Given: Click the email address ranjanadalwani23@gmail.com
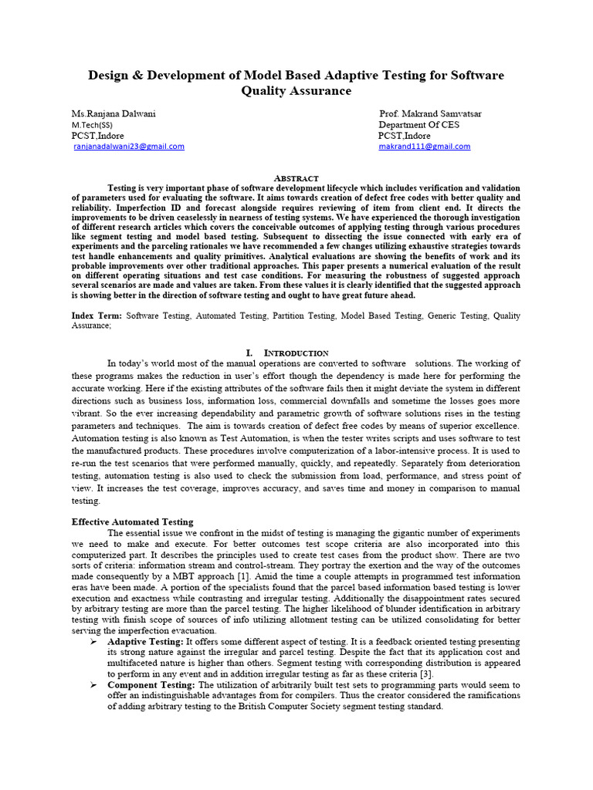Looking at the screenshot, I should pyautogui.click(x=129, y=147).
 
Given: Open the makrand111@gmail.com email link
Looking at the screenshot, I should pyautogui.click(x=424, y=147).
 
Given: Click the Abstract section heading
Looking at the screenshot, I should pyautogui.click(x=296, y=177).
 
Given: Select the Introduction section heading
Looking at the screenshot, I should pyautogui.click(x=296, y=353).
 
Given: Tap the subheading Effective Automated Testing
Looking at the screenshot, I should pyautogui.click(x=132, y=522).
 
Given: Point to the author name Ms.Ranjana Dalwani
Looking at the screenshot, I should pyautogui.click(x=114, y=113).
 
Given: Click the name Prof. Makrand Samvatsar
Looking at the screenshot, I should pyautogui.click(x=430, y=113).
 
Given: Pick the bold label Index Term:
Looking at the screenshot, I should pyautogui.click(x=97, y=316).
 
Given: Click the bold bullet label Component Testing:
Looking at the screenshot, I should pyautogui.click(x=152, y=685).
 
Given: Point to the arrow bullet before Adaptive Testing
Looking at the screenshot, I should pyautogui.click(x=93, y=642).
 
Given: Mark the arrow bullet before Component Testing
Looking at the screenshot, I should pyautogui.click(x=93, y=685).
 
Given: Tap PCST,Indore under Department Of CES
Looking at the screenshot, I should pyautogui.click(x=405, y=135).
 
